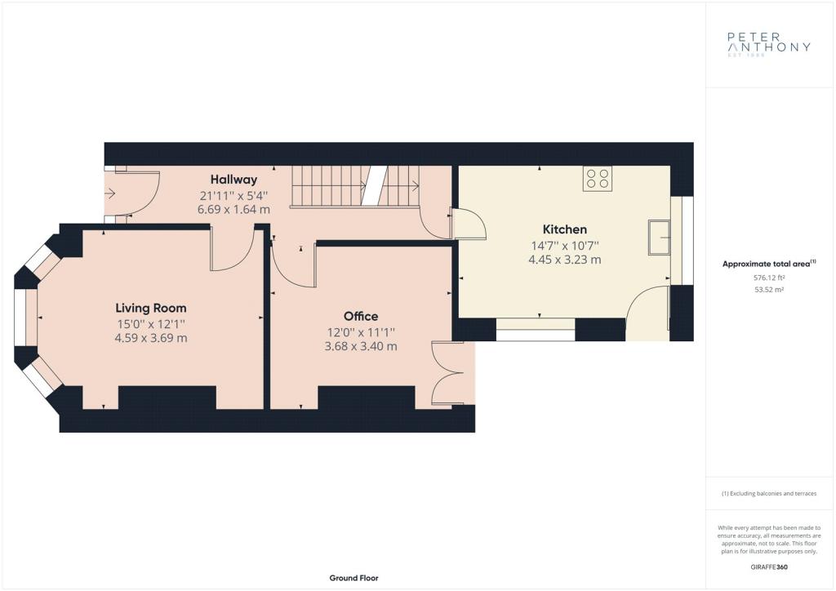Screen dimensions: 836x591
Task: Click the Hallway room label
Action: click(233, 180)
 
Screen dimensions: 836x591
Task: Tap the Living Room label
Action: click(151, 308)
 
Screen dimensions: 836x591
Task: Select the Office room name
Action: click(361, 316)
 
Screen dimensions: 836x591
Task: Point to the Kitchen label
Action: click(565, 229)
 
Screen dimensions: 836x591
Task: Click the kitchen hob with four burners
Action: click(597, 179)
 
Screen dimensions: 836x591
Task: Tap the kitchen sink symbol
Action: click(660, 237)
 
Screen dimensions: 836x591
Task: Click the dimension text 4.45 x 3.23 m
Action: click(565, 260)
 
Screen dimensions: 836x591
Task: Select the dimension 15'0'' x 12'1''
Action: click(151, 323)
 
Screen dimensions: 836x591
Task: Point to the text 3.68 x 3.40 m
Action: click(361, 346)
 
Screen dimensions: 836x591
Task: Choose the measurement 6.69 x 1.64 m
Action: click(233, 210)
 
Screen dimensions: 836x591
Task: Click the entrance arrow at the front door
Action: click(110, 193)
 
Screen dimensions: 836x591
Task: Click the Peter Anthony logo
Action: click(769, 44)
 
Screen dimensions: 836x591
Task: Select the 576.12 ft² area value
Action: click(769, 278)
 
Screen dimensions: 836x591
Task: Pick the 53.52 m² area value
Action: click(769, 290)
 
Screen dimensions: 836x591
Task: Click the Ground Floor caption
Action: click(354, 578)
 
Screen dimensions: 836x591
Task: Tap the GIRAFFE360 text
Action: click(769, 567)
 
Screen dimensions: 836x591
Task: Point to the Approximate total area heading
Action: click(769, 264)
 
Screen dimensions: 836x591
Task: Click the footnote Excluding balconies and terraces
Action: click(769, 494)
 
